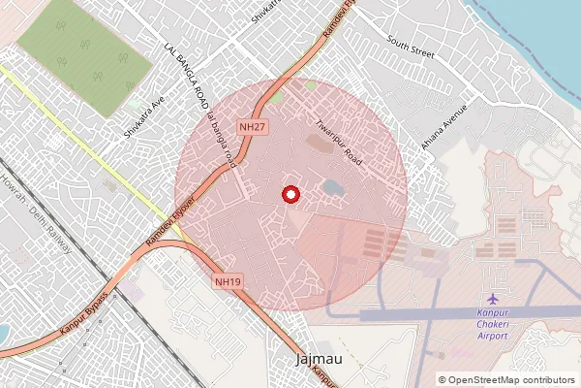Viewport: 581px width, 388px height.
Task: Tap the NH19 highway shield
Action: [x=227, y=280]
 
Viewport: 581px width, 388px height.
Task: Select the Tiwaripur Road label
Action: [x=338, y=142]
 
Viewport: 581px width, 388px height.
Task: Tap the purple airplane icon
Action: [x=494, y=298]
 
